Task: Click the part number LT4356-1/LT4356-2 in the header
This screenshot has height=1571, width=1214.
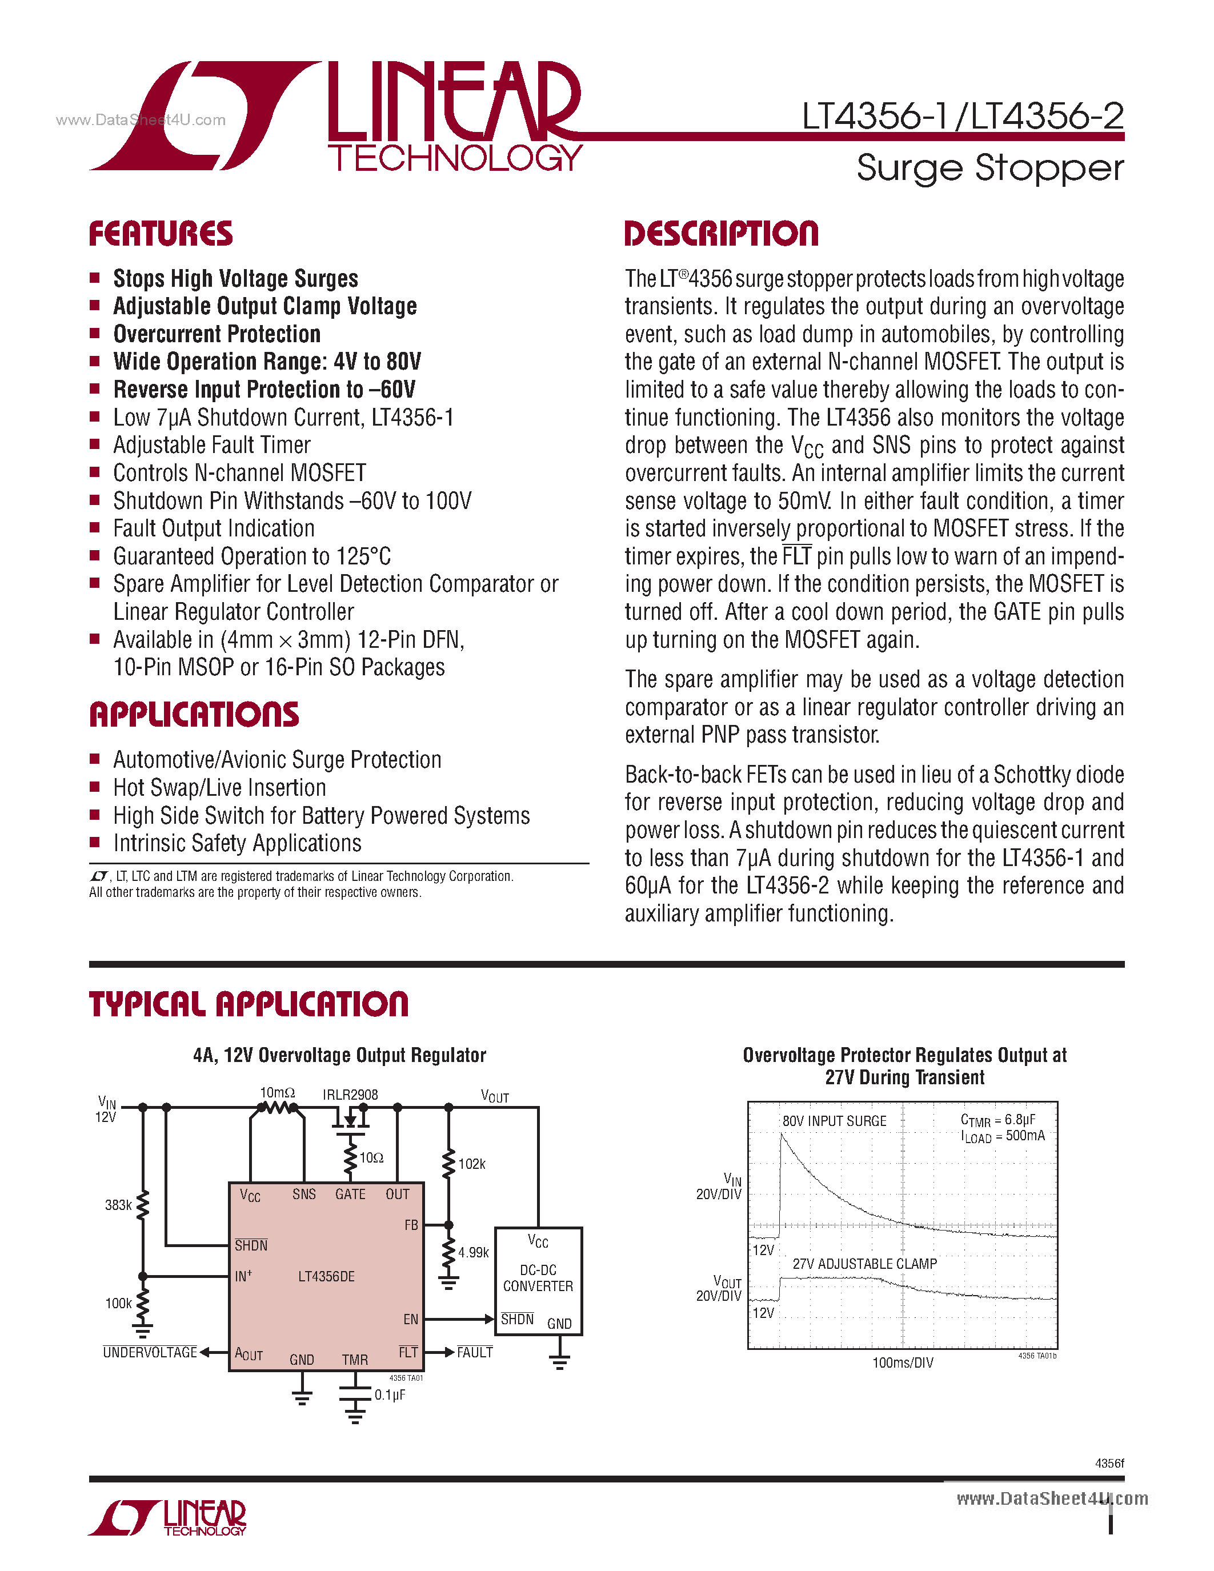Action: pyautogui.click(x=962, y=117)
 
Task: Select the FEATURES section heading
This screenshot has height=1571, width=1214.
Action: pyautogui.click(x=161, y=234)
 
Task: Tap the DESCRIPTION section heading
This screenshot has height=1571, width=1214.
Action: pyautogui.click(x=722, y=234)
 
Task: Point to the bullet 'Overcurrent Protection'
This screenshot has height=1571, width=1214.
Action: pyautogui.click(x=217, y=334)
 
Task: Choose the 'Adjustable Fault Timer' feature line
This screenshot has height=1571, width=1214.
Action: pyautogui.click(x=211, y=445)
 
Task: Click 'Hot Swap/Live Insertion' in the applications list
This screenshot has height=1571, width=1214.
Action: pyautogui.click(x=219, y=788)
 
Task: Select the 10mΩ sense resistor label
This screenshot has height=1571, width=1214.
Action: pyautogui.click(x=277, y=1093)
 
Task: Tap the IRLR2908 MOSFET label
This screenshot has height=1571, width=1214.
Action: pyautogui.click(x=350, y=1094)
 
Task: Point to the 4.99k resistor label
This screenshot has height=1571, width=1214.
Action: pyautogui.click(x=473, y=1252)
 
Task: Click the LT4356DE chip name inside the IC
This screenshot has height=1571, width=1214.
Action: pyautogui.click(x=327, y=1277)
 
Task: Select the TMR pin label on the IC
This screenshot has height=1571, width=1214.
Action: pyautogui.click(x=355, y=1360)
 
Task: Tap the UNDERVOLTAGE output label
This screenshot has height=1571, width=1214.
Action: pyautogui.click(x=150, y=1352)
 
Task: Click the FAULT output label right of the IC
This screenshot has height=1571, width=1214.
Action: pyautogui.click(x=475, y=1352)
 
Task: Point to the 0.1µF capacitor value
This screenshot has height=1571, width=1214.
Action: pyautogui.click(x=390, y=1395)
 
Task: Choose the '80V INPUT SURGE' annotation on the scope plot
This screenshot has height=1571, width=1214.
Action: pyautogui.click(x=834, y=1121)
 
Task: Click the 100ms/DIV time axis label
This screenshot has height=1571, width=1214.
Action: pyautogui.click(x=903, y=1363)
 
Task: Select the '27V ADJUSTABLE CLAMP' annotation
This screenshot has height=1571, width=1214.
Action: pyautogui.click(x=864, y=1264)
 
